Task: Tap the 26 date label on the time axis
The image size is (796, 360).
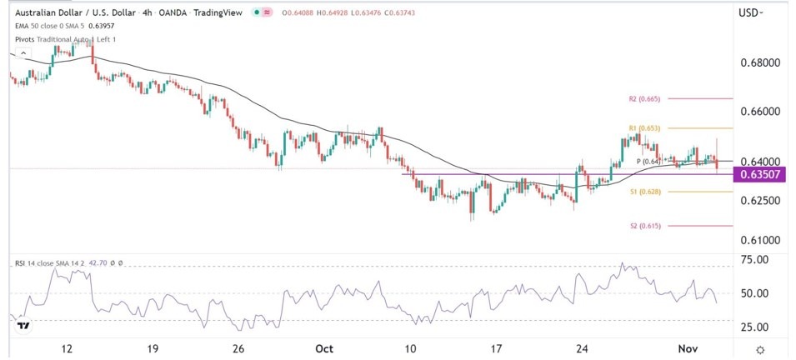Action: (x=238, y=350)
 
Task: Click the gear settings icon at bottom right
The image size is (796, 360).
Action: (x=760, y=350)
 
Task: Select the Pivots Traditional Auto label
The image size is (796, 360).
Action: (x=50, y=39)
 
